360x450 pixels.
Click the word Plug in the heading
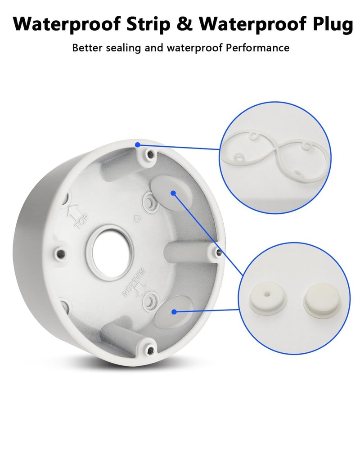pos(333,25)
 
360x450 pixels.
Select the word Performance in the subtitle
pos(257,48)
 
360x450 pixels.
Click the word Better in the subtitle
pos(87,48)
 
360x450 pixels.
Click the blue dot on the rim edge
pos(138,144)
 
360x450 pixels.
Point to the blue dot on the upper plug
pos(173,193)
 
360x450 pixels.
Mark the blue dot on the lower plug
pos(174,312)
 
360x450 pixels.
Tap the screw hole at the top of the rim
pos(149,155)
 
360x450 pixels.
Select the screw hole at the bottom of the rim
pos(150,350)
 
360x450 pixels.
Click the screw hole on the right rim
pos(218,252)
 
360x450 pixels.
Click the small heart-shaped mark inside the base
pos(137,219)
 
